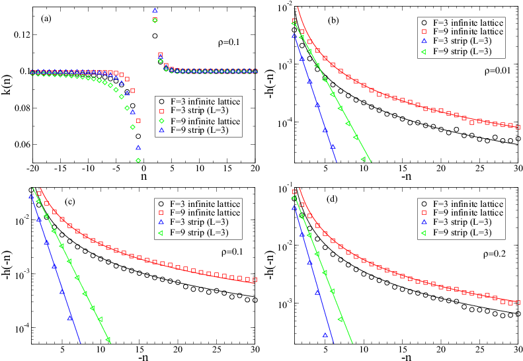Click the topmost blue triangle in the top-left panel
click(155, 11)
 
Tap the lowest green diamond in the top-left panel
click(138, 160)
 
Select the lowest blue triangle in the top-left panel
click(138, 148)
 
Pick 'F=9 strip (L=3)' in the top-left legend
click(200, 132)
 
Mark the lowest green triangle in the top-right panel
click(363, 159)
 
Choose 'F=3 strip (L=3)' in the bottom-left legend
click(200, 223)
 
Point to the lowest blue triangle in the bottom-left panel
click(69, 318)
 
